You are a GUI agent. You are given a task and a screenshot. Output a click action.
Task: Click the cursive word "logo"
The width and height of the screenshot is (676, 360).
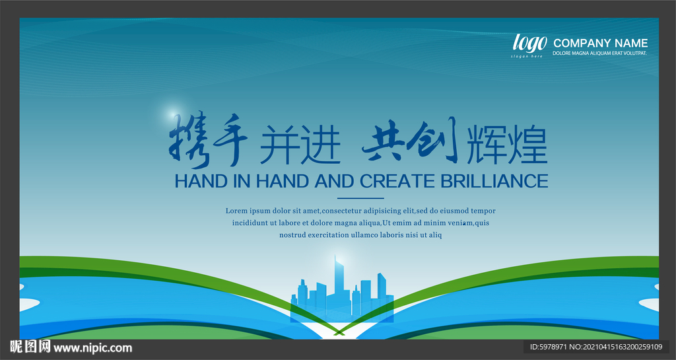529,43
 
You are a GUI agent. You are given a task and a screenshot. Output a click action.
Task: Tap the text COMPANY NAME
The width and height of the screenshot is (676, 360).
600,43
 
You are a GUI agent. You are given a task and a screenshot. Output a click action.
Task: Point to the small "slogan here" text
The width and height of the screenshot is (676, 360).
527,57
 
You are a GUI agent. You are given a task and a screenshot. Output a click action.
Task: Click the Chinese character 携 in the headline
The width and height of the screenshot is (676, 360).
188,141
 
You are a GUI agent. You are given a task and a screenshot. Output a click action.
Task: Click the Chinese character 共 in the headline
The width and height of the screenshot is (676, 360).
384,142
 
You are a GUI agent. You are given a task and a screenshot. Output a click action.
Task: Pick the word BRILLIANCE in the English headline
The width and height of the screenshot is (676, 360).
494,181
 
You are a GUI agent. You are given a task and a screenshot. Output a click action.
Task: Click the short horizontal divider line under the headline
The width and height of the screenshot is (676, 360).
360,198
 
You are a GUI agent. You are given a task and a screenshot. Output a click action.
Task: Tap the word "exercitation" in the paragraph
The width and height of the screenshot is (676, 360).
328,235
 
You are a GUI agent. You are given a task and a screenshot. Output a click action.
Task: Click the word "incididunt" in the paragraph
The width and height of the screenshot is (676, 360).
250,223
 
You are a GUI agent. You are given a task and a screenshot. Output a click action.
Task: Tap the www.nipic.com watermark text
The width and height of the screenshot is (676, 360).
92,347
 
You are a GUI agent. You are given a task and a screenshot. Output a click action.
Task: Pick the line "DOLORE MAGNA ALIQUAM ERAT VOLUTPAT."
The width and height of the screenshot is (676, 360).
599,54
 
